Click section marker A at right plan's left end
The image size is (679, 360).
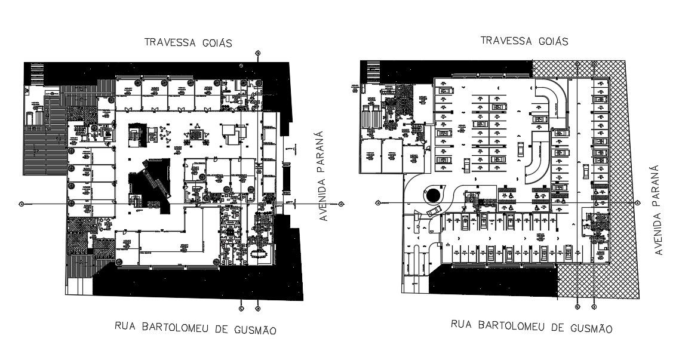pos(378,203)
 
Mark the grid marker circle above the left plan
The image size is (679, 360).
pos(257,53)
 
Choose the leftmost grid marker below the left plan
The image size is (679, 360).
pos(241,309)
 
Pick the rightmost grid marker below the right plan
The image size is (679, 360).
pos(594,307)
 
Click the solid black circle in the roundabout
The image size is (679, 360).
pos(434,195)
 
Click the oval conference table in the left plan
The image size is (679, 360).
pos(260,253)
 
